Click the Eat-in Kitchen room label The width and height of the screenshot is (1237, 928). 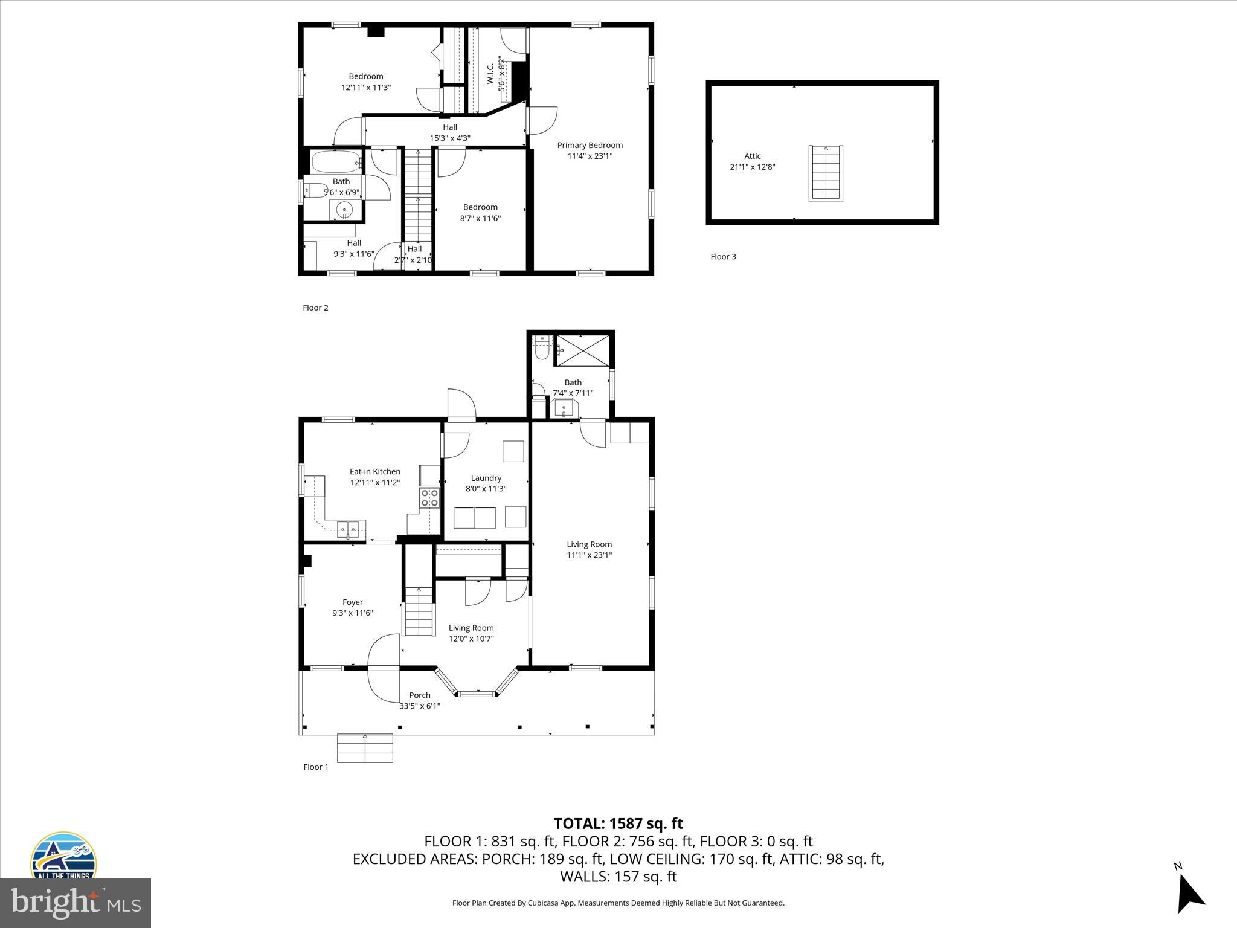click(374, 471)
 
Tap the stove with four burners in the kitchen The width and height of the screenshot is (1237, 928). click(429, 498)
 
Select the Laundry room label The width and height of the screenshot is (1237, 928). click(486, 478)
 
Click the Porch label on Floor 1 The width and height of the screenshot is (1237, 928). click(419, 695)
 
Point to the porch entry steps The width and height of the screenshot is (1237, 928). click(365, 748)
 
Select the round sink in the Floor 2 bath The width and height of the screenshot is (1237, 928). click(345, 210)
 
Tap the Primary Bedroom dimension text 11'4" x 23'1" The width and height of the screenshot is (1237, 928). click(590, 156)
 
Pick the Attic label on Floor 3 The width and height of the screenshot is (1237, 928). click(752, 156)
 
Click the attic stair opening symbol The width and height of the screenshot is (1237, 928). click(826, 173)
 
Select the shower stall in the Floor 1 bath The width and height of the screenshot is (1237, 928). click(582, 350)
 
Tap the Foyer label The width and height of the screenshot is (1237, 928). click(353, 602)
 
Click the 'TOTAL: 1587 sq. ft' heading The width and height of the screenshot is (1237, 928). click(618, 823)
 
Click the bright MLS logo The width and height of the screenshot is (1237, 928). click(76, 903)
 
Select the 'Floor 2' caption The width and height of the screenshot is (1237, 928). click(315, 308)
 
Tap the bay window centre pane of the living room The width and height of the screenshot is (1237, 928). click(477, 694)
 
